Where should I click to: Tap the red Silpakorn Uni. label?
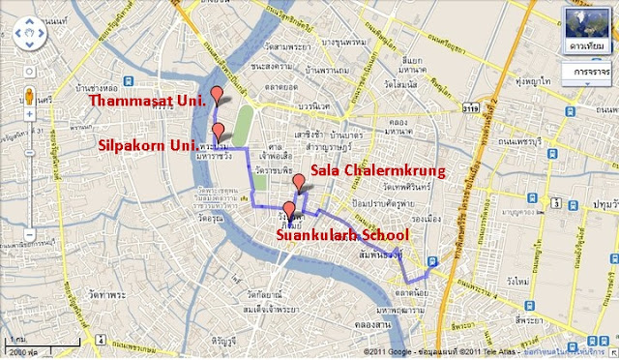pos(146,145)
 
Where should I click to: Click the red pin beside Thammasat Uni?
pos(217,95)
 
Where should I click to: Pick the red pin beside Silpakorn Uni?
pos(219,132)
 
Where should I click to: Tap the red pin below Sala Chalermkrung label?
pos(299,181)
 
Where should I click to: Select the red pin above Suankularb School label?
pos(288,209)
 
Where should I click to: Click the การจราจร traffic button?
pos(587,73)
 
